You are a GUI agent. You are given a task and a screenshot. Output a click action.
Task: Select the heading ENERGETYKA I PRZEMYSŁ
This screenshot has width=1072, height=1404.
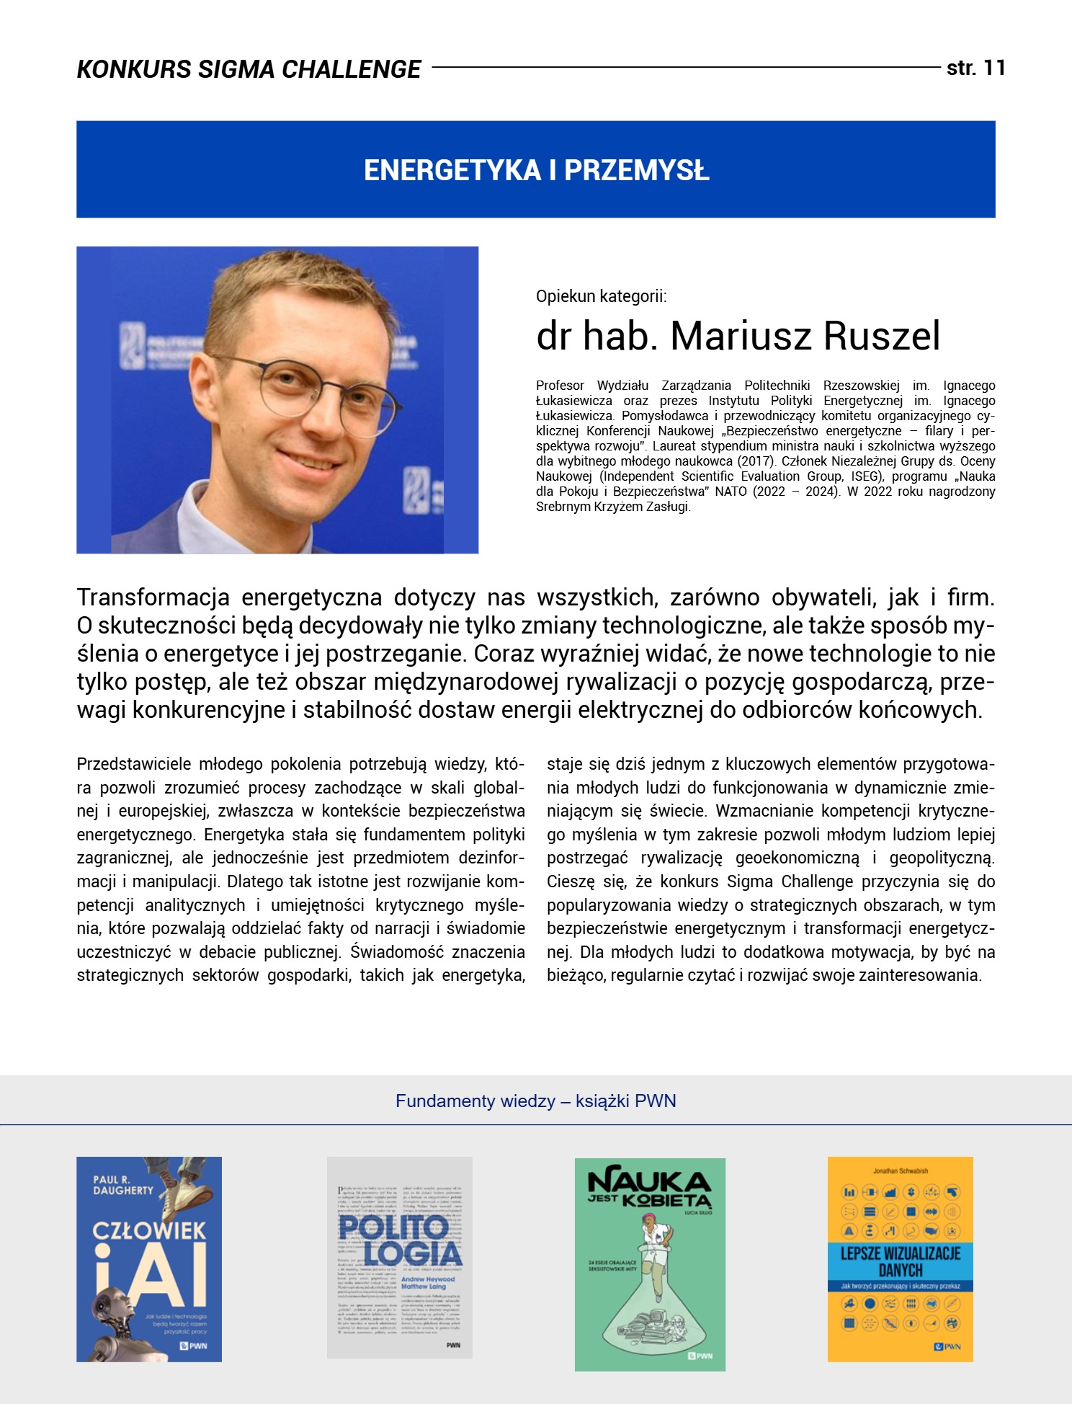(536, 171)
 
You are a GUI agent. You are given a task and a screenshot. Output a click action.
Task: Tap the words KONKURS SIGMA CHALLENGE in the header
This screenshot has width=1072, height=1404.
(249, 69)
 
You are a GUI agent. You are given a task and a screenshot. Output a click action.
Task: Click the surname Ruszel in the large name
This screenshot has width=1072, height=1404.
(881, 336)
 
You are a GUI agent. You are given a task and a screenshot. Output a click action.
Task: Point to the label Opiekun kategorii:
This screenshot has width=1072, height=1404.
(601, 296)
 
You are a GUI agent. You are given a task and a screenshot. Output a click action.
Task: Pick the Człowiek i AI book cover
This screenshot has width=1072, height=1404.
(149, 1259)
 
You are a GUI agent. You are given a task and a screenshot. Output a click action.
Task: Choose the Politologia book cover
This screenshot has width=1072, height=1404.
(399, 1258)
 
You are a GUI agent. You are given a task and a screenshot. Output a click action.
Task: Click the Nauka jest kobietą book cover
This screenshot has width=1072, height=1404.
(650, 1264)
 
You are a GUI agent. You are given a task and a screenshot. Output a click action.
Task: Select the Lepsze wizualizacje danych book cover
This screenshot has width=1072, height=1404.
(900, 1259)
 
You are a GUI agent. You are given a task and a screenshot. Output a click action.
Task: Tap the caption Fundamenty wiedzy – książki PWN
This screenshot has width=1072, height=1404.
(535, 1101)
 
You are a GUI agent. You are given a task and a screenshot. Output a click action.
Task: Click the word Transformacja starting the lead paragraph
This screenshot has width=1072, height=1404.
(153, 597)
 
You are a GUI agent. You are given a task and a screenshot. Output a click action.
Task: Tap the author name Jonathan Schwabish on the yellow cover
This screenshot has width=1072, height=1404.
(901, 1171)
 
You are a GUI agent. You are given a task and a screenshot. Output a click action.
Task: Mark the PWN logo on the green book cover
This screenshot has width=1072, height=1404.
(700, 1356)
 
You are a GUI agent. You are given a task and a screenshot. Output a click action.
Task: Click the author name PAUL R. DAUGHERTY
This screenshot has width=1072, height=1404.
(122, 1186)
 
